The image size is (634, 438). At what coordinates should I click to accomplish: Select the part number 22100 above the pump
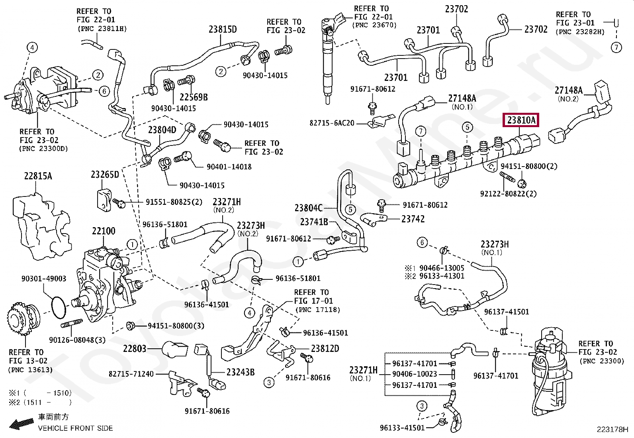104,231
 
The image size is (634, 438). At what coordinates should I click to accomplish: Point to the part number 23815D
223,29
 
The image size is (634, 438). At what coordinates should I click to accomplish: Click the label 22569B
194,97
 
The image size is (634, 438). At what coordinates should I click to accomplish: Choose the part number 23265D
105,175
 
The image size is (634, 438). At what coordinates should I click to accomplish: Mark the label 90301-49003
44,279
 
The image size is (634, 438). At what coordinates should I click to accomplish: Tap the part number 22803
135,348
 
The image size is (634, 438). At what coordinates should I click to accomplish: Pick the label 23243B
240,372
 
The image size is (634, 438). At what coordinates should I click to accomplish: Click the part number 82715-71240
131,374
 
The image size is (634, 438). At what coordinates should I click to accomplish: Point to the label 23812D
325,348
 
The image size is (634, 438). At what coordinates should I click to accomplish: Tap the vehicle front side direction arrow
22,424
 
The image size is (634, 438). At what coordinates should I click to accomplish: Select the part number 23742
413,219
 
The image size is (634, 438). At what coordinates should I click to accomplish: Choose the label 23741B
314,222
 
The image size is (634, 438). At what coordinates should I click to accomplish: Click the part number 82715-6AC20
332,123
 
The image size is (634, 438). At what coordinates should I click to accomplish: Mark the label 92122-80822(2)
508,194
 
